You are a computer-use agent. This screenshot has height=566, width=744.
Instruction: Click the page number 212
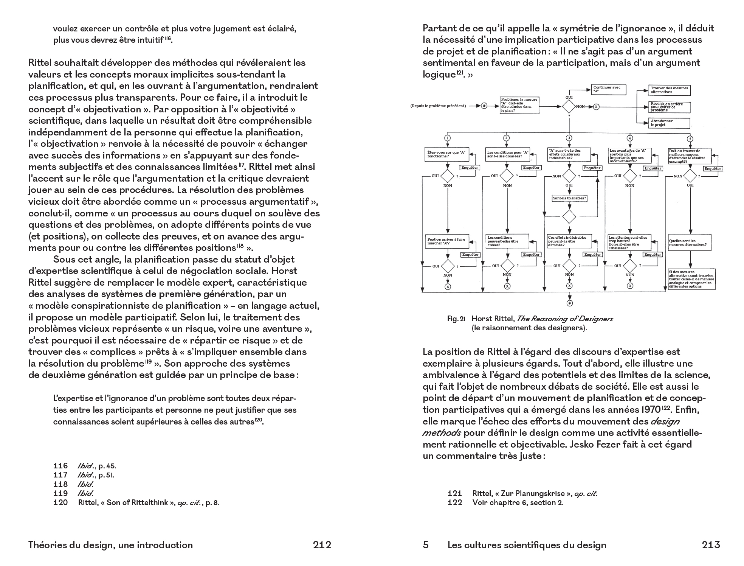(322, 545)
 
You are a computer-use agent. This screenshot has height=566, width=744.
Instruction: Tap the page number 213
(711, 545)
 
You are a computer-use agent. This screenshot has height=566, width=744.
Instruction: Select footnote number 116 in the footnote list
(60, 466)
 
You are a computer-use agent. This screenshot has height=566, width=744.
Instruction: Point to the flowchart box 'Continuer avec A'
(608, 89)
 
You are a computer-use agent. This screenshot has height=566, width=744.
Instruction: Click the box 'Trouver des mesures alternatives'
(669, 90)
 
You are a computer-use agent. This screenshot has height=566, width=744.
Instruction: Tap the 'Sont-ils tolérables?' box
(569, 198)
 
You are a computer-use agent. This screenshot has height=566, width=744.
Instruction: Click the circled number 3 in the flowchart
(569, 138)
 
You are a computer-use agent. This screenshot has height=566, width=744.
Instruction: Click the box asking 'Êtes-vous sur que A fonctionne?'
(447, 154)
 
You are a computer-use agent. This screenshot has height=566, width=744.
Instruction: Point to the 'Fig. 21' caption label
(456, 319)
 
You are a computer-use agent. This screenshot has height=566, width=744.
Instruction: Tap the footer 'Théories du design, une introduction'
(110, 545)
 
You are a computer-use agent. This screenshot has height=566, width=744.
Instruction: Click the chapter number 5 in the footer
(426, 545)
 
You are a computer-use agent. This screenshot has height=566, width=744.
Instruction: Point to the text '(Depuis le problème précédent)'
(438, 106)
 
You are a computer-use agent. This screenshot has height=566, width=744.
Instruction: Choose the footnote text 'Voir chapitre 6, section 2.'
(518, 502)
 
